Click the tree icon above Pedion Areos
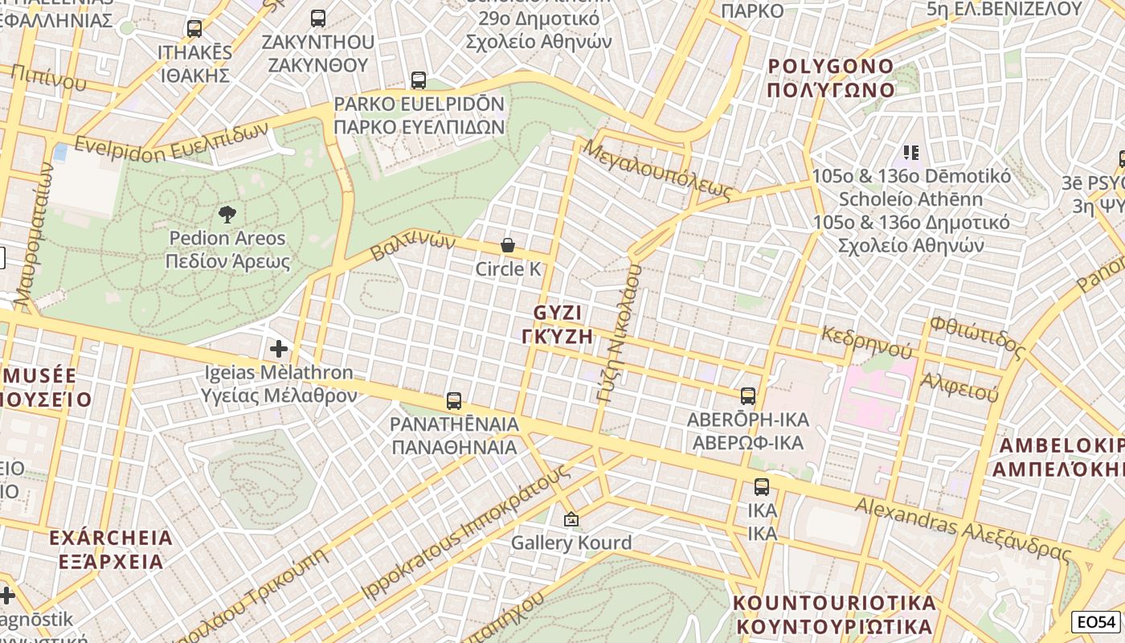pos(227,214)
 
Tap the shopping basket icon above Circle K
pos(508,245)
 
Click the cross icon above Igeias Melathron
pos(279,349)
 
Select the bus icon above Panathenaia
pos(454,400)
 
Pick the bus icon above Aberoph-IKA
pos(748,395)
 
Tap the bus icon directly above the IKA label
pos(761,486)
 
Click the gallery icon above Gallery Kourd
pos(571,520)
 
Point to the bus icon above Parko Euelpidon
pos(419,80)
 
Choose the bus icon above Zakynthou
pos(318,18)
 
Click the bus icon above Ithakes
pos(194,29)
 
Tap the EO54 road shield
pos(1096,622)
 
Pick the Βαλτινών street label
pos(412,247)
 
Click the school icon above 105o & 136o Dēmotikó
pos(910,152)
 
